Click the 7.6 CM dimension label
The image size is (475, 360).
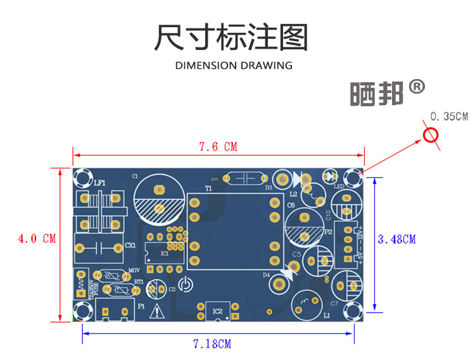217,147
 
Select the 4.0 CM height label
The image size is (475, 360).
37,239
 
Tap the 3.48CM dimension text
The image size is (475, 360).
396,239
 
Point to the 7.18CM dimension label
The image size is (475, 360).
212,344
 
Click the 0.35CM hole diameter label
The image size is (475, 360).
448,116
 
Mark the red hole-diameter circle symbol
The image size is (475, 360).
431,136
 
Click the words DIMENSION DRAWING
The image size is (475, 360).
234,65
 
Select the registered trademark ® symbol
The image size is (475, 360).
416,86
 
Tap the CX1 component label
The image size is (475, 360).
130,245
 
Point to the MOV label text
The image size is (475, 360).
134,271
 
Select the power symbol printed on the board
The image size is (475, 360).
184,285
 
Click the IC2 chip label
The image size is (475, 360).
217,311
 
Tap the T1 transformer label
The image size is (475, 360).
208,188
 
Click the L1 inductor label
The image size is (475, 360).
327,315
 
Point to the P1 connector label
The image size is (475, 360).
141,306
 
